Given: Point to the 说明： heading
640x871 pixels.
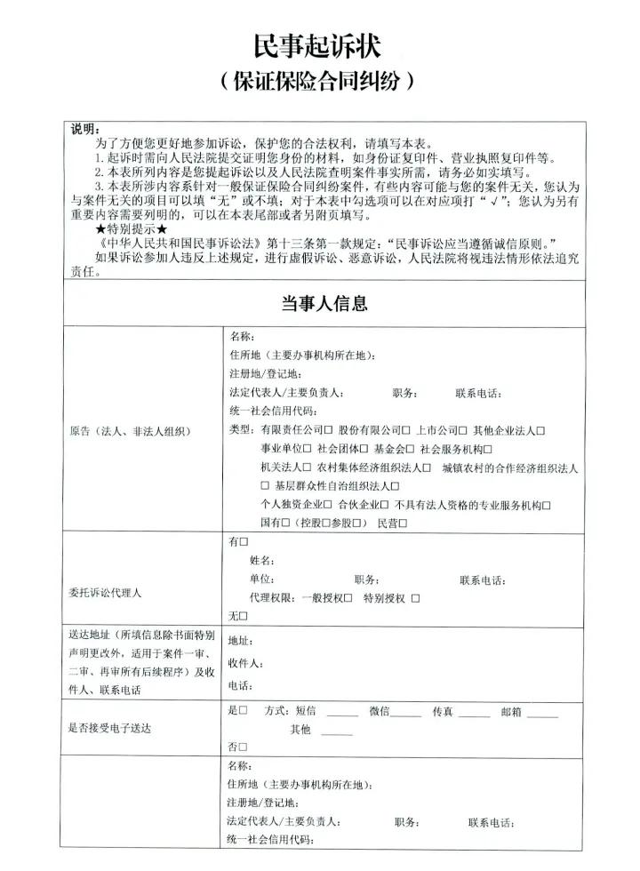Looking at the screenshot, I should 86,130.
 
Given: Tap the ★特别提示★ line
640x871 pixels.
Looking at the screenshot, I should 131,229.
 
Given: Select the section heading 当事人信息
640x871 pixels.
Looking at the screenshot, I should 324,304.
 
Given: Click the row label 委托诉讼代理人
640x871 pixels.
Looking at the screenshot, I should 106,591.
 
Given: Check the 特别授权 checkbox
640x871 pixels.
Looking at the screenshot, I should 415,598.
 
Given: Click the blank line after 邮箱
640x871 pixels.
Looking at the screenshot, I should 541,713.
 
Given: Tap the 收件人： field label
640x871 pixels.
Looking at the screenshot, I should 245,664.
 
